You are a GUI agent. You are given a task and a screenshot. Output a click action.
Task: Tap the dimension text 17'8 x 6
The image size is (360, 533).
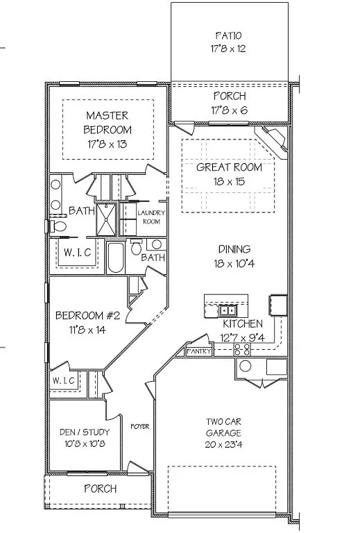point(229,110)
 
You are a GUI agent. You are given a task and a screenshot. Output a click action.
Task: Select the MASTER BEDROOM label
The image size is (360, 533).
point(108,121)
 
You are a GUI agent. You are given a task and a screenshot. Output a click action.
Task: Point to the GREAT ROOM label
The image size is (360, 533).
point(229,167)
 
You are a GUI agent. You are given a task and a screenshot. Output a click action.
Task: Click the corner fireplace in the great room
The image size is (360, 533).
point(275,141)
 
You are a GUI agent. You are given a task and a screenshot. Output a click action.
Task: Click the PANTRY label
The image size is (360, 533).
point(198,352)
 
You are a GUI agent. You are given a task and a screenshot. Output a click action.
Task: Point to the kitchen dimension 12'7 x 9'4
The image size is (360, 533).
point(242,338)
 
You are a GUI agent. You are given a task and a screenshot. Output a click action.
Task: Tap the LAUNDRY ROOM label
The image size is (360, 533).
point(151,217)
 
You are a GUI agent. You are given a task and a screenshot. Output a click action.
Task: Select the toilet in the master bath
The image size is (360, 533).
point(60,226)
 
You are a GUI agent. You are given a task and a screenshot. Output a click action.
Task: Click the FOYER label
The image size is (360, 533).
point(140,426)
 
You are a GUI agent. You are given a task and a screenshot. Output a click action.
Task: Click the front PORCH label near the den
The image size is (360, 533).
point(100,489)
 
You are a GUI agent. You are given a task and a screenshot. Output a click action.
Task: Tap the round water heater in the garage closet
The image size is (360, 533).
point(243,367)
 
